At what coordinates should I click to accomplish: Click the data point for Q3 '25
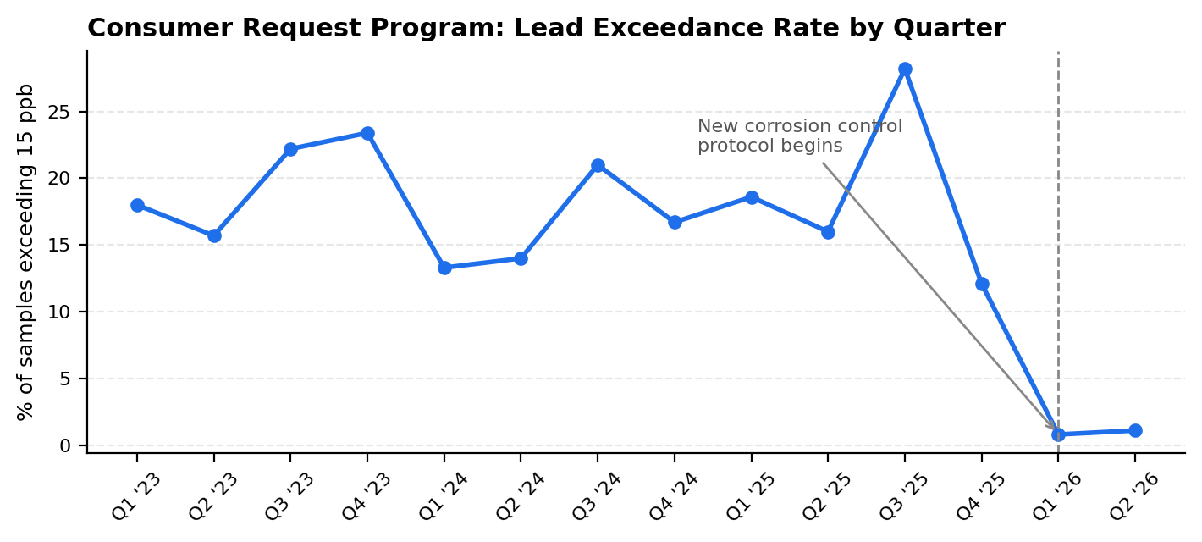click(905, 69)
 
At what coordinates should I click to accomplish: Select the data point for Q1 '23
click(137, 206)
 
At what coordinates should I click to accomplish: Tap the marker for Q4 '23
click(367, 133)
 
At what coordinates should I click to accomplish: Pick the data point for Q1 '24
click(444, 268)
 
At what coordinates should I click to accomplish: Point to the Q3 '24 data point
click(598, 165)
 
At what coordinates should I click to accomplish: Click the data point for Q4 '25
click(982, 285)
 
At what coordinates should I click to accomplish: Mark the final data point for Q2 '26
click(1135, 430)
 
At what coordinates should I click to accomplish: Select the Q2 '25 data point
click(828, 232)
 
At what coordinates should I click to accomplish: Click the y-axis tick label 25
click(59, 112)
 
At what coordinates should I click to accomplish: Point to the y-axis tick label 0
click(65, 446)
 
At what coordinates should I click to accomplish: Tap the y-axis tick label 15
click(59, 246)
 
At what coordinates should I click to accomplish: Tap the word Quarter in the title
click(949, 29)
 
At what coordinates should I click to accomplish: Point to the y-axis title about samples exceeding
click(25, 252)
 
